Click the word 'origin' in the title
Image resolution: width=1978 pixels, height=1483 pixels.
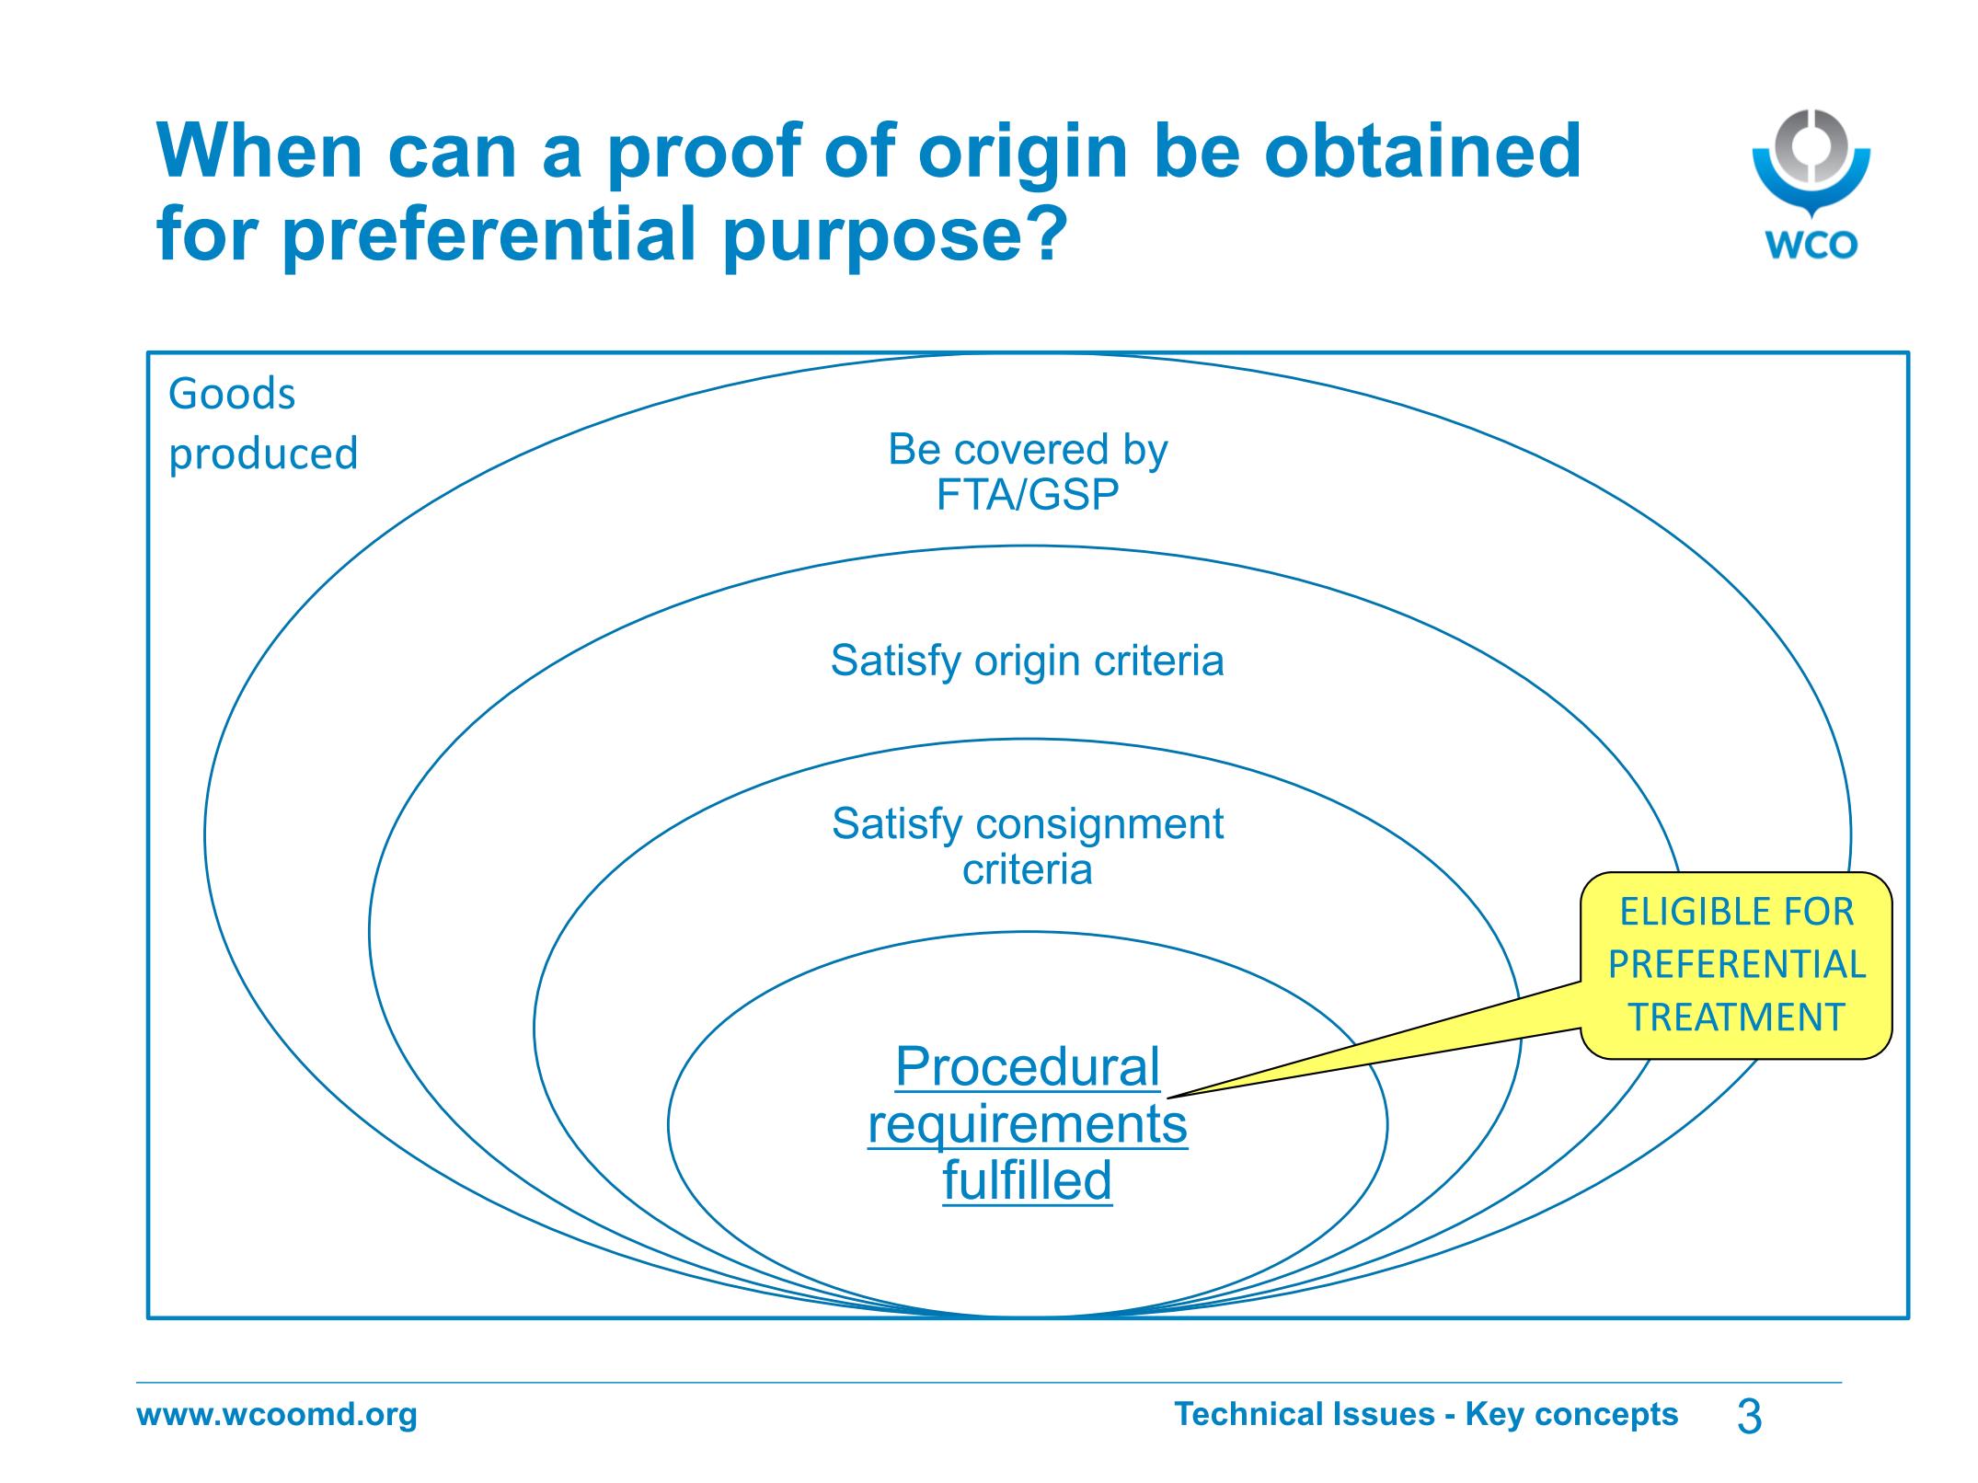pos(1022,154)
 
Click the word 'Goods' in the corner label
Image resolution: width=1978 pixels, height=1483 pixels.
pos(232,395)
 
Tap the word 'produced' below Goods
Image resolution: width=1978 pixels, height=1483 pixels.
pos(263,454)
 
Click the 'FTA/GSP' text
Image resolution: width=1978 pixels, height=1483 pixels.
pos(1028,495)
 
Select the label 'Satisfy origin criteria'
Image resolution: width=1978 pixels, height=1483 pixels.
pos(1028,661)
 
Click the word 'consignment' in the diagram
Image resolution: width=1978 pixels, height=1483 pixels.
pos(1099,824)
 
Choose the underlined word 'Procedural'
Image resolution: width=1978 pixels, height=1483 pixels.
pos(1028,1067)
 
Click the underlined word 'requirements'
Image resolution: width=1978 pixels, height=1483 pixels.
pos(1028,1124)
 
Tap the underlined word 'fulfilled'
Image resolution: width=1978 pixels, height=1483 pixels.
pos(1028,1180)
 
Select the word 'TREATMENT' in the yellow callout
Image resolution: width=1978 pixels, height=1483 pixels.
pos(1737,1017)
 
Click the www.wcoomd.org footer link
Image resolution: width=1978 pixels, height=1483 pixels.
pos(277,1414)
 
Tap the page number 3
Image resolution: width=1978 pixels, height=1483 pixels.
pos(1749,1416)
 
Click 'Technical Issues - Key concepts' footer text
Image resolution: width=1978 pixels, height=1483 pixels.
pos(1426,1414)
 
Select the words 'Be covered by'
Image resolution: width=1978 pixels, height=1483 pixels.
pos(1028,450)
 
